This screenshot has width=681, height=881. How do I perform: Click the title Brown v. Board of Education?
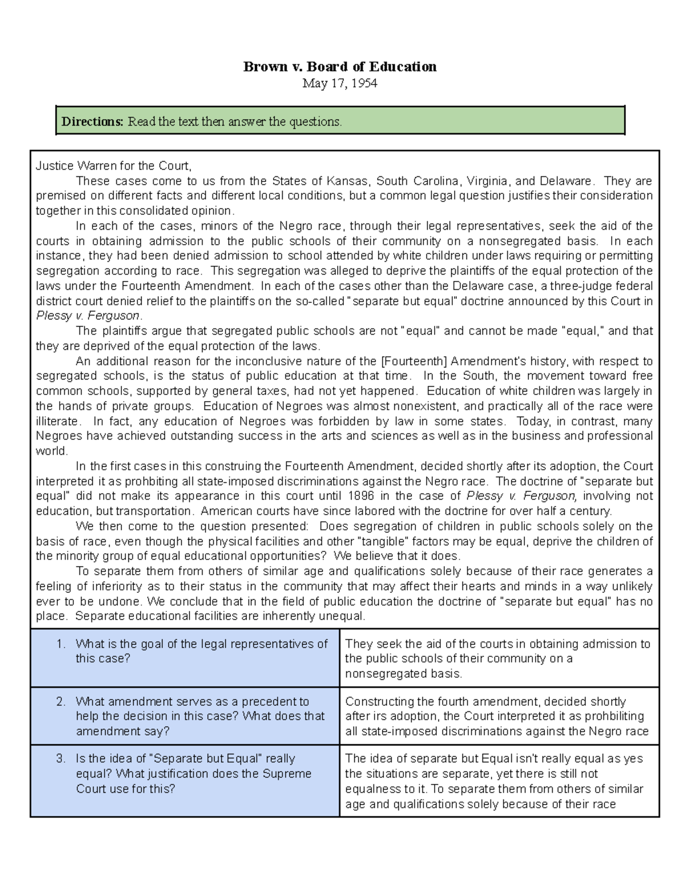(x=340, y=67)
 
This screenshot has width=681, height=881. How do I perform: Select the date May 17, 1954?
(x=340, y=83)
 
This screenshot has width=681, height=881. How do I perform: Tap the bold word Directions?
(x=92, y=121)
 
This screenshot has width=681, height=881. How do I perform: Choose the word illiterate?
(x=57, y=421)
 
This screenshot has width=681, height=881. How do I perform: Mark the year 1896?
(x=361, y=496)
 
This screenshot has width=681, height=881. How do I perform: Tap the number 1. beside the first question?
(x=61, y=644)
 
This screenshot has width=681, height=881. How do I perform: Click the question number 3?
(x=61, y=758)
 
